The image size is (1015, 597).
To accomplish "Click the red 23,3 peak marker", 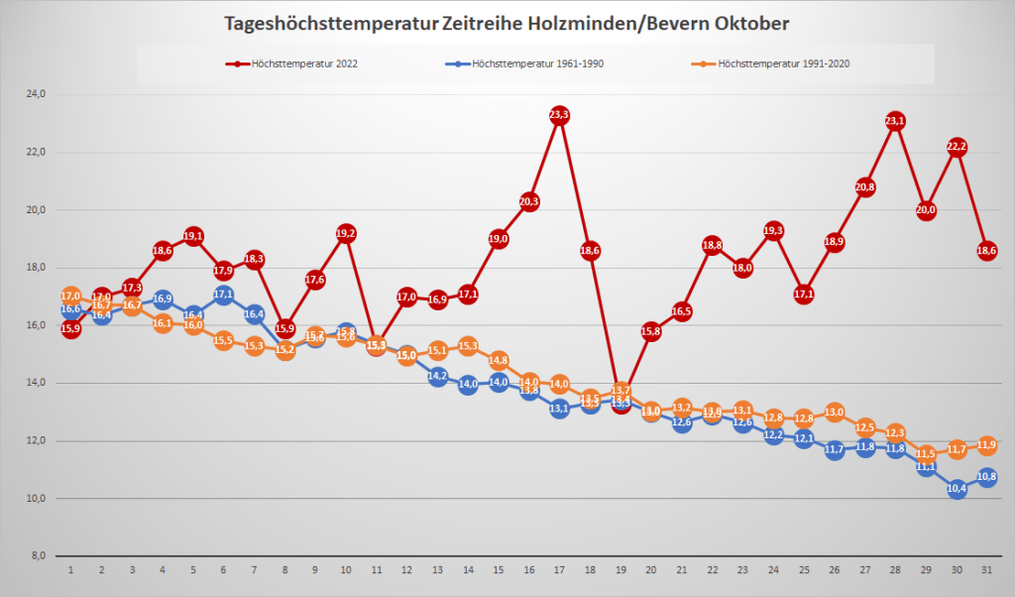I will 559,116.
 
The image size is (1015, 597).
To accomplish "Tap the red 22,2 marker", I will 957,147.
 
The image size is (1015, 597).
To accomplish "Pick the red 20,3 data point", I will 528,202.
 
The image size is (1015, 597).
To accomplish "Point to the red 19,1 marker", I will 193,236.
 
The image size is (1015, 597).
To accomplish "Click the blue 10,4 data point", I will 957,488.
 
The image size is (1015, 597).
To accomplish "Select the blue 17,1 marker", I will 224,295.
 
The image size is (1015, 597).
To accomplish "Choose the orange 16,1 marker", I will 163,323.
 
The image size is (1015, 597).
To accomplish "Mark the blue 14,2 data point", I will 437,377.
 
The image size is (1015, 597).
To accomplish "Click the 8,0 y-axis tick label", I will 37,555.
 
